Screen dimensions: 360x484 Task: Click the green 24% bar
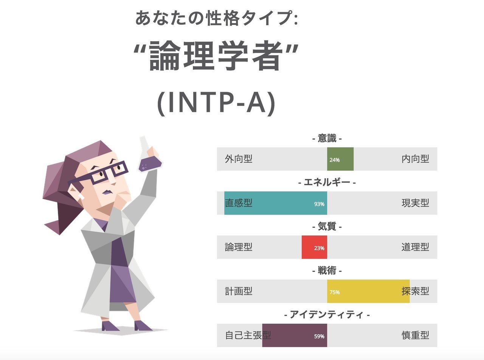pyautogui.click(x=340, y=159)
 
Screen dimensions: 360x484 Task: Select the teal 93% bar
pyautogui.click(x=276, y=203)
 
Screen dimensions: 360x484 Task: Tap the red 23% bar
pyautogui.click(x=314, y=247)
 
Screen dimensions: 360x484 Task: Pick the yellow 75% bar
pyautogui.click(x=368, y=291)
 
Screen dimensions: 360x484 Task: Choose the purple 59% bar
pyautogui.click(x=295, y=335)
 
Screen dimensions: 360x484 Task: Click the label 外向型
pyautogui.click(x=239, y=159)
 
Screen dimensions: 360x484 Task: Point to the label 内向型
pyautogui.click(x=415, y=159)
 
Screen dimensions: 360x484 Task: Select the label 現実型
pyautogui.click(x=415, y=203)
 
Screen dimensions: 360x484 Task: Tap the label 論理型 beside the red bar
pyautogui.click(x=239, y=247)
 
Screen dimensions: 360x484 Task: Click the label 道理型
pyautogui.click(x=415, y=247)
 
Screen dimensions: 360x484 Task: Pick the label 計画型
pyautogui.click(x=239, y=291)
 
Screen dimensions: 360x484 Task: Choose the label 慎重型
pyautogui.click(x=415, y=335)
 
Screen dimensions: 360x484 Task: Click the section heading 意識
pyautogui.click(x=327, y=139)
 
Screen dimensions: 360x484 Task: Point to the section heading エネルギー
pyautogui.click(x=327, y=183)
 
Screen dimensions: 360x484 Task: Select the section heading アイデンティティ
pyautogui.click(x=327, y=315)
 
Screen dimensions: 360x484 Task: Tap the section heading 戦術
pyautogui.click(x=327, y=270)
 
